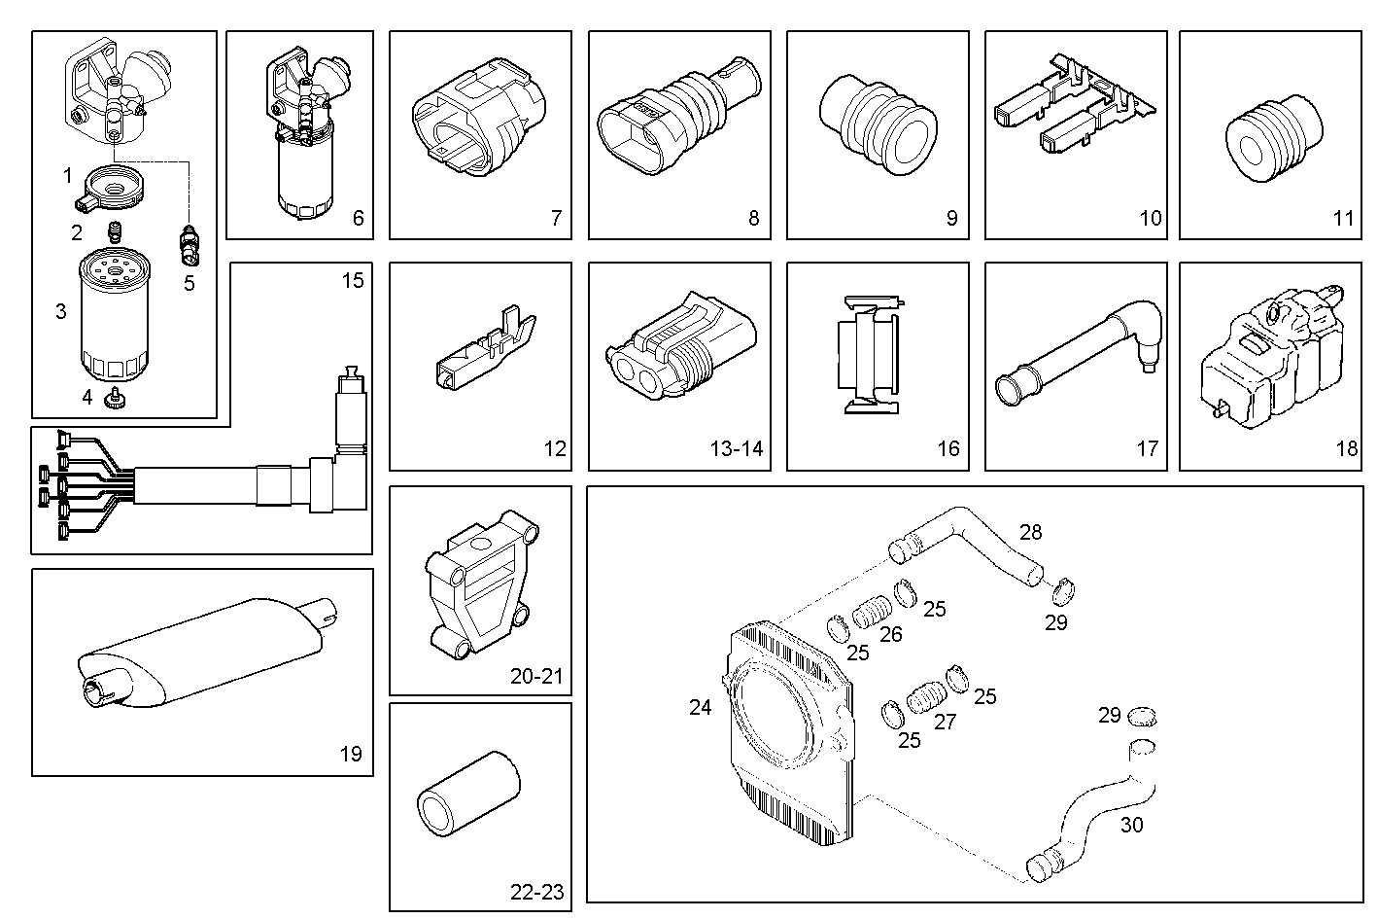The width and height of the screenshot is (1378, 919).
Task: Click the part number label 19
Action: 350,753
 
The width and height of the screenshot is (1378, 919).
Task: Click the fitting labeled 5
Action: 189,245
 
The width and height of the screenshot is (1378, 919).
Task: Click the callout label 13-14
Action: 736,448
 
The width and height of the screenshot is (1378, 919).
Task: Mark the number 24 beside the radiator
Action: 700,708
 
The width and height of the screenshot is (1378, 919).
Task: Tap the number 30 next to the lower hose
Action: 1131,825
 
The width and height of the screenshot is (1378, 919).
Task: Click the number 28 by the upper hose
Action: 1030,532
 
